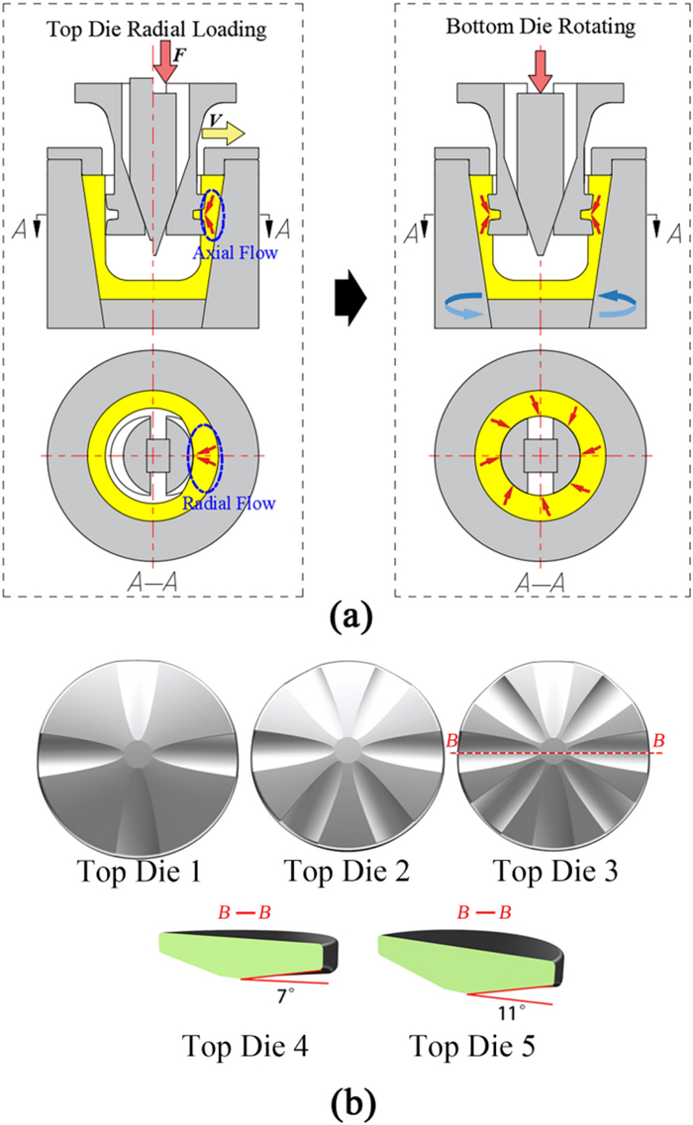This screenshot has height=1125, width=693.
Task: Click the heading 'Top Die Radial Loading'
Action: pos(154,30)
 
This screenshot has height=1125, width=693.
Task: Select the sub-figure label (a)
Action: pos(347,620)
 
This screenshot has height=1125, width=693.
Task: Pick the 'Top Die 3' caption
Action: pos(557,872)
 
